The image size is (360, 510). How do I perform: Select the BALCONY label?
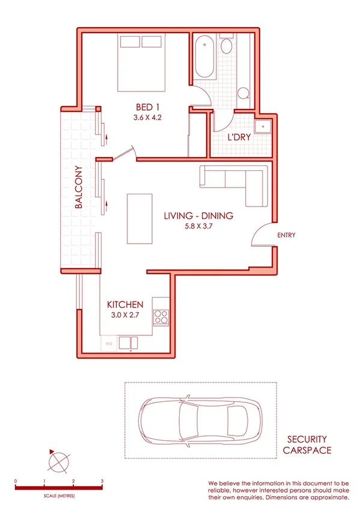click(78, 186)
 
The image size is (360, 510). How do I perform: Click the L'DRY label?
click(239, 137)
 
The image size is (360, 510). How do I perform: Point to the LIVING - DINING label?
click(198, 216)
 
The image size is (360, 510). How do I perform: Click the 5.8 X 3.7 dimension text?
click(198, 227)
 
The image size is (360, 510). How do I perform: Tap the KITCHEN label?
click(125, 304)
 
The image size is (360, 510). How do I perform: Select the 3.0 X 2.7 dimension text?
click(125, 315)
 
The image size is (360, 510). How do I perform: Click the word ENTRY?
click(286, 235)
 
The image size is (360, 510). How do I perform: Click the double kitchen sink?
click(130, 343)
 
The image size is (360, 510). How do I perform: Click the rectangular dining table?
click(138, 218)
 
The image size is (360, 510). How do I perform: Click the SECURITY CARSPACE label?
click(307, 444)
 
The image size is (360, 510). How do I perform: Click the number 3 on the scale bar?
click(102, 482)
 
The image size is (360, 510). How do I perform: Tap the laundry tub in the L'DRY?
click(263, 127)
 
